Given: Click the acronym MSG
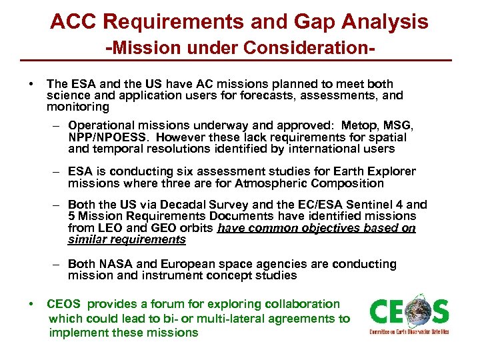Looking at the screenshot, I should tap(398, 125).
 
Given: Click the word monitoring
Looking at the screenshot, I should tap(77, 107).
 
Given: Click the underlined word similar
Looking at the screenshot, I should tap(86, 239).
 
